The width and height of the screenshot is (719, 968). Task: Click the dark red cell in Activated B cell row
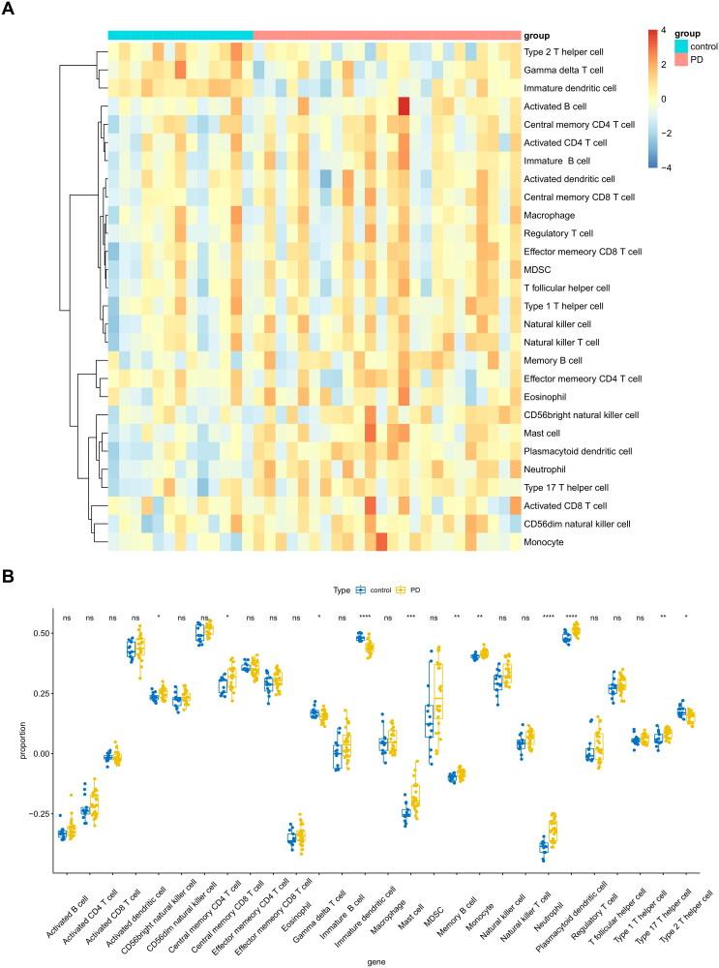[x=404, y=106]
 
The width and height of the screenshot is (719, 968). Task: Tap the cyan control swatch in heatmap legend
[x=655, y=45]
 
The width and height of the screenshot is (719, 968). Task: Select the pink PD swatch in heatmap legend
[x=655, y=59]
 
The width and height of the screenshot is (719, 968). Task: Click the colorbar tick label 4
[x=663, y=32]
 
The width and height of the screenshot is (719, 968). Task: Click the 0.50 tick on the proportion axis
[x=41, y=632]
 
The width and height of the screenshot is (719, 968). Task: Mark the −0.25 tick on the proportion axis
[x=39, y=814]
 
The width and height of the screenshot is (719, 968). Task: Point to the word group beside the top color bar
[x=538, y=34]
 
